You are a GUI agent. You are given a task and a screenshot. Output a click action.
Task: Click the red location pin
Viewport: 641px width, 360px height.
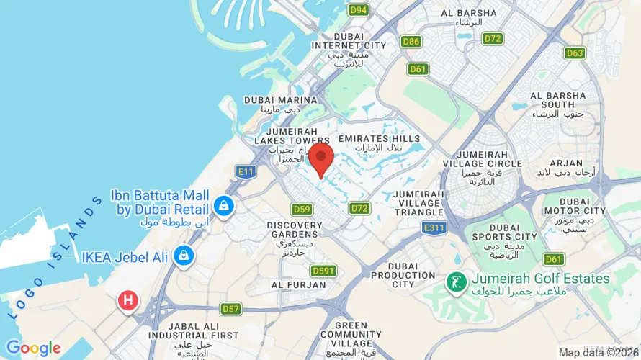click(320, 157)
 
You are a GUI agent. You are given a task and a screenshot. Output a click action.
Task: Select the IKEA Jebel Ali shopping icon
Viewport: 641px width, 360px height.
click(184, 255)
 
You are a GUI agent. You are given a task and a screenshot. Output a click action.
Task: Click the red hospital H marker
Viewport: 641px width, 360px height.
click(128, 300)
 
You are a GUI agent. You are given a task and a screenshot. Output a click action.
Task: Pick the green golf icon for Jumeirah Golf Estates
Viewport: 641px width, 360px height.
click(455, 282)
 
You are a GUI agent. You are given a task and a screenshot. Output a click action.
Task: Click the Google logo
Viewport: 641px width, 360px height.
click(34, 349)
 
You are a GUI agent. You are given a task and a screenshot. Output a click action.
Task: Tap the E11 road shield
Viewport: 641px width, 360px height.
click(246, 171)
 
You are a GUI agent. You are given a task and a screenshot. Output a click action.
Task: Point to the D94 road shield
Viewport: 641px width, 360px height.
click(358, 10)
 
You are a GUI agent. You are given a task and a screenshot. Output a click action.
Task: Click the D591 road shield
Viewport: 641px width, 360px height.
click(324, 271)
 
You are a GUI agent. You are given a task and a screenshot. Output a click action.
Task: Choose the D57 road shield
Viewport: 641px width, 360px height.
click(230, 309)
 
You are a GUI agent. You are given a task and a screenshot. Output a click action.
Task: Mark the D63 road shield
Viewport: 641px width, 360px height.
click(575, 53)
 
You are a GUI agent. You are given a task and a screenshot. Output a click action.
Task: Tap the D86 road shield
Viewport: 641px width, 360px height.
click(411, 42)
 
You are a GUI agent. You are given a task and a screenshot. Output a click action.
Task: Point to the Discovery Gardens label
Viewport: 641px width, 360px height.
click(295, 225)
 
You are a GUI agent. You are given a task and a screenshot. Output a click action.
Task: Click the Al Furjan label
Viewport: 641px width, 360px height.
click(295, 284)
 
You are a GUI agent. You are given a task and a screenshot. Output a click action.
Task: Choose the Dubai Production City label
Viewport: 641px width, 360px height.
click(403, 274)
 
